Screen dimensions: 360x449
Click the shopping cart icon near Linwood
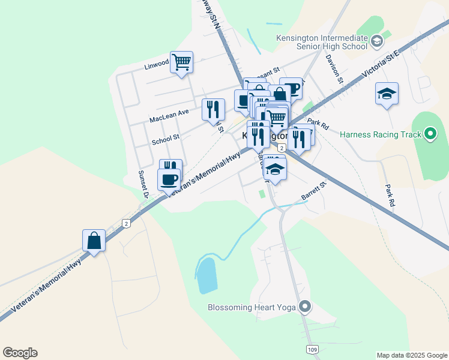[181, 61]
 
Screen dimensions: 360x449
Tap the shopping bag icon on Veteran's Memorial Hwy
[94, 241]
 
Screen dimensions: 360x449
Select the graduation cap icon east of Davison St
[387, 94]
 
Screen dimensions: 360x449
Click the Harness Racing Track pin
[430, 134]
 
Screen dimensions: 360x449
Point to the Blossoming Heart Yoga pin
[305, 307]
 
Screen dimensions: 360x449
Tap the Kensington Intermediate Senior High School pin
[377, 41]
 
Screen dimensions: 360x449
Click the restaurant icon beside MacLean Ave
[213, 109]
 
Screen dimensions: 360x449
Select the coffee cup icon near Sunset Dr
[169, 179]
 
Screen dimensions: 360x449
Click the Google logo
[20, 353]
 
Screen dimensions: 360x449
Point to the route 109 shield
[312, 349]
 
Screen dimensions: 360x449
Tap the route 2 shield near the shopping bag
[126, 223]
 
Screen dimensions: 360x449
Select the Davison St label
[334, 69]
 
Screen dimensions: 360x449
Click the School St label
[166, 139]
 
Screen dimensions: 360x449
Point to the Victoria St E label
[380, 67]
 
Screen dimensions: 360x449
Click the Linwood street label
[157, 65]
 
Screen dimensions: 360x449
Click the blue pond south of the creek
[207, 277]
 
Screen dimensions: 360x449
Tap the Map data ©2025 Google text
[411, 355]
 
